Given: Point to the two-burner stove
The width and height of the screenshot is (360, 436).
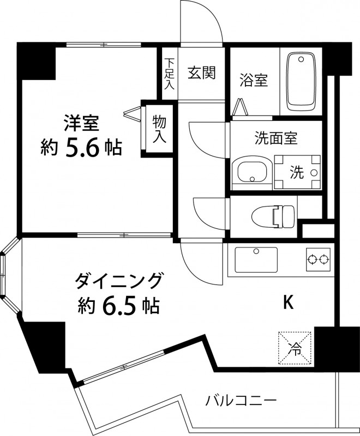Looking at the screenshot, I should click(x=319, y=258).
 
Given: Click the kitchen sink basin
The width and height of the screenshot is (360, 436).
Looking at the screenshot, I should click(x=256, y=259).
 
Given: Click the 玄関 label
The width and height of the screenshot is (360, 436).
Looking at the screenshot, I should click(x=202, y=73).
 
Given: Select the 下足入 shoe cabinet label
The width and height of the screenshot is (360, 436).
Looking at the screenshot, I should click(x=170, y=74).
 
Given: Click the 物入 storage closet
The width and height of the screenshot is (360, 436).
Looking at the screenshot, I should click(x=159, y=129).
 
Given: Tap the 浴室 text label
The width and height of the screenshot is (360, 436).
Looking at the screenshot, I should click(x=254, y=80).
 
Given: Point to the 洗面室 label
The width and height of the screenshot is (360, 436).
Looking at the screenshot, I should click(x=275, y=137).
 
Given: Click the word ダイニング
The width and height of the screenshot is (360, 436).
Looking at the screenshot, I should click(x=119, y=281).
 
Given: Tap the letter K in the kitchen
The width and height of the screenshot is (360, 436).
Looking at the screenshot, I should click(x=287, y=302).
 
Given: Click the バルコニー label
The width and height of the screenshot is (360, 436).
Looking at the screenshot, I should click(x=241, y=401).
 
